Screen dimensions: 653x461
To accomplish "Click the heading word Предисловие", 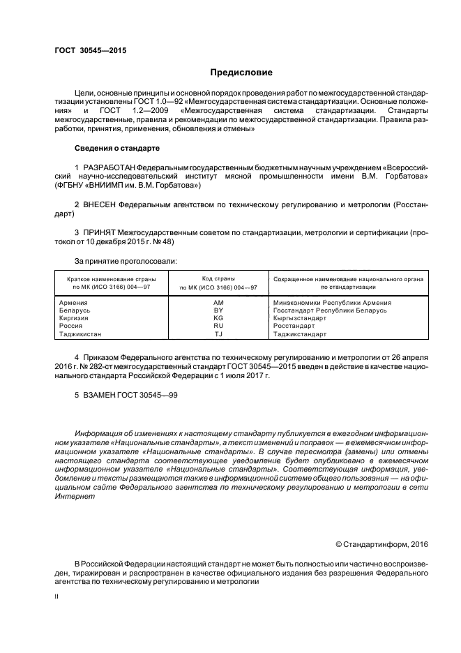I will [x=241, y=72].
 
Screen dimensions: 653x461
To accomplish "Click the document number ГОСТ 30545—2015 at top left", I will [x=90, y=50].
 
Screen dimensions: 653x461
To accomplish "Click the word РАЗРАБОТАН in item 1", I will [x=109, y=169].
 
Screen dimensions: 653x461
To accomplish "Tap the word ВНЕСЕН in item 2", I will [x=100, y=205].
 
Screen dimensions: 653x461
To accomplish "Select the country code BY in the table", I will [x=218, y=310].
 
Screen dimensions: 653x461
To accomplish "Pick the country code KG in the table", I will [x=218, y=318].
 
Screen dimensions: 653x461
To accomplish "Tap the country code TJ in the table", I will [x=218, y=334].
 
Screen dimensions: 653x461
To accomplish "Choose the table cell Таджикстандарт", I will [x=300, y=334].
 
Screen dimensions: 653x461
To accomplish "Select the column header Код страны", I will [x=218, y=278].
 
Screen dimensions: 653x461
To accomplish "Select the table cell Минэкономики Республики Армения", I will [x=332, y=303].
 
